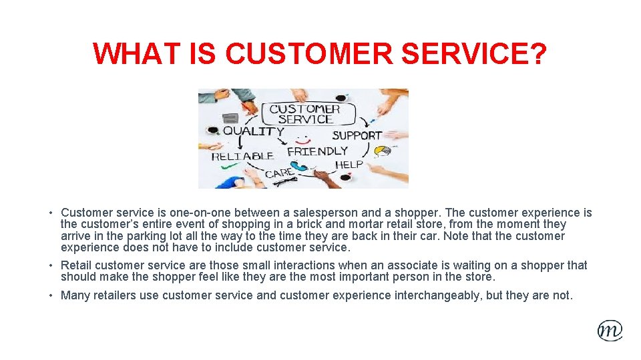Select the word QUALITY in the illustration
[x=253, y=131]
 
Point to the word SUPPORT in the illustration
[x=357, y=135]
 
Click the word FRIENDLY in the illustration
[x=318, y=152]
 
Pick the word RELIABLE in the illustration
[x=242, y=156]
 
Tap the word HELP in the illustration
[x=349, y=164]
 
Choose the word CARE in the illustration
[x=279, y=173]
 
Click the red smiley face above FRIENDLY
[x=304, y=140]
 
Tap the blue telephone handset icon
[x=298, y=167]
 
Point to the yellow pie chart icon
[x=382, y=151]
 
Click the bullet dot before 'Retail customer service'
[x=51, y=265]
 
